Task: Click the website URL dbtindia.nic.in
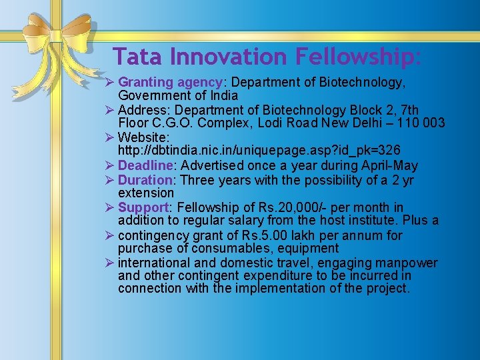tap(259, 150)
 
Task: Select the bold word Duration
tap(146, 179)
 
